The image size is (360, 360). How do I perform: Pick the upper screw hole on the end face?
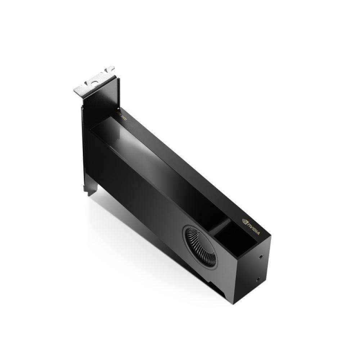(x=260, y=257)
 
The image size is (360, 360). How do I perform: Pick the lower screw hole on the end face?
(x=258, y=279)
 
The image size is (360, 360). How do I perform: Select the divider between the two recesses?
(x=220, y=227)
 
